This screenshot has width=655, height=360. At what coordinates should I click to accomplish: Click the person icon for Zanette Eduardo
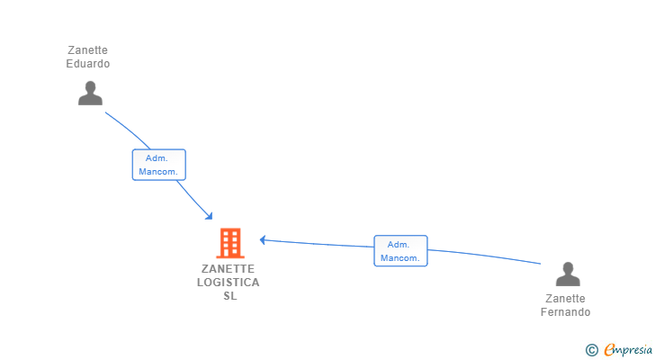point(90,93)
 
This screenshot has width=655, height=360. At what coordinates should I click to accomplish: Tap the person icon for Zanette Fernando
point(567,274)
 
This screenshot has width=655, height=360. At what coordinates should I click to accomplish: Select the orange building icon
point(230,243)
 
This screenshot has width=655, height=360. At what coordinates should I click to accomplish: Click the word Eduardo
point(88,64)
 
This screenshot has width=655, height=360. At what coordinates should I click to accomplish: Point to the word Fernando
point(565,312)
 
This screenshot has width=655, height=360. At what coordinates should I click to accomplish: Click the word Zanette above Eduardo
point(88,50)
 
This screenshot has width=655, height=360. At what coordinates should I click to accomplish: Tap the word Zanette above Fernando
point(565,299)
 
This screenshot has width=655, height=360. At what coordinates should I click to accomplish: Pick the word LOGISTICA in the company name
point(229,283)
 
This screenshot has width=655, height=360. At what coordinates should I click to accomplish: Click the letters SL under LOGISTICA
point(230,296)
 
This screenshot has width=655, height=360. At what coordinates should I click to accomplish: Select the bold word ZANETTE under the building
point(229,269)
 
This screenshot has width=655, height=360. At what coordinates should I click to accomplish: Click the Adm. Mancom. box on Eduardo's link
point(159,165)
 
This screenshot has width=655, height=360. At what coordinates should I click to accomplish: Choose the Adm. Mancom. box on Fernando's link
point(400,251)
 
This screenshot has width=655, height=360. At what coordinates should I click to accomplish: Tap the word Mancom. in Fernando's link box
point(400,258)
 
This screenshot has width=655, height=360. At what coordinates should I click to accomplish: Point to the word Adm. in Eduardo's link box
point(157,158)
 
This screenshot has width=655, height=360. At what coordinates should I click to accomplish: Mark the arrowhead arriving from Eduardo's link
point(210,216)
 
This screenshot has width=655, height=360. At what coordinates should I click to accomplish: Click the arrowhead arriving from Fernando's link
point(263,239)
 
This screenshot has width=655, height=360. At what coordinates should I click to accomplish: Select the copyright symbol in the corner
point(591,350)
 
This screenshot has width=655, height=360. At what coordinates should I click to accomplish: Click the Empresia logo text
point(626,349)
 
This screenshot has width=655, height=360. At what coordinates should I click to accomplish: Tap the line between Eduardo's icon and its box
point(127,129)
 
